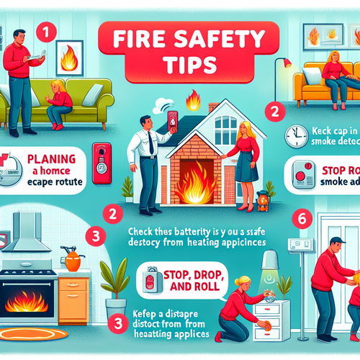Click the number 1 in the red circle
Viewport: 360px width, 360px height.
pyautogui.click(x=46, y=32)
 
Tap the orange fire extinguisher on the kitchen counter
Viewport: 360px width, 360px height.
pyautogui.click(x=72, y=259)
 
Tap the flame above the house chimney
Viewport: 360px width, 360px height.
pyautogui.click(x=192, y=98)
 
